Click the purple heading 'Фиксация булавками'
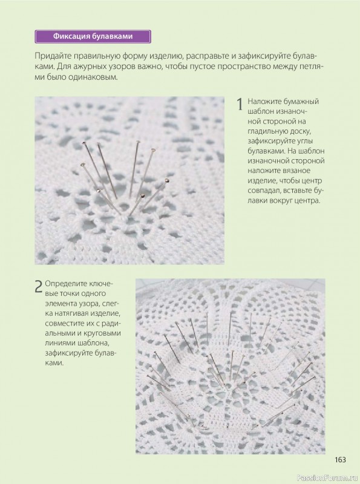93,36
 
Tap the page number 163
340,460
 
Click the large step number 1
240,104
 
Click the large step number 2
38,286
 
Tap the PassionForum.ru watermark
327,478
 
